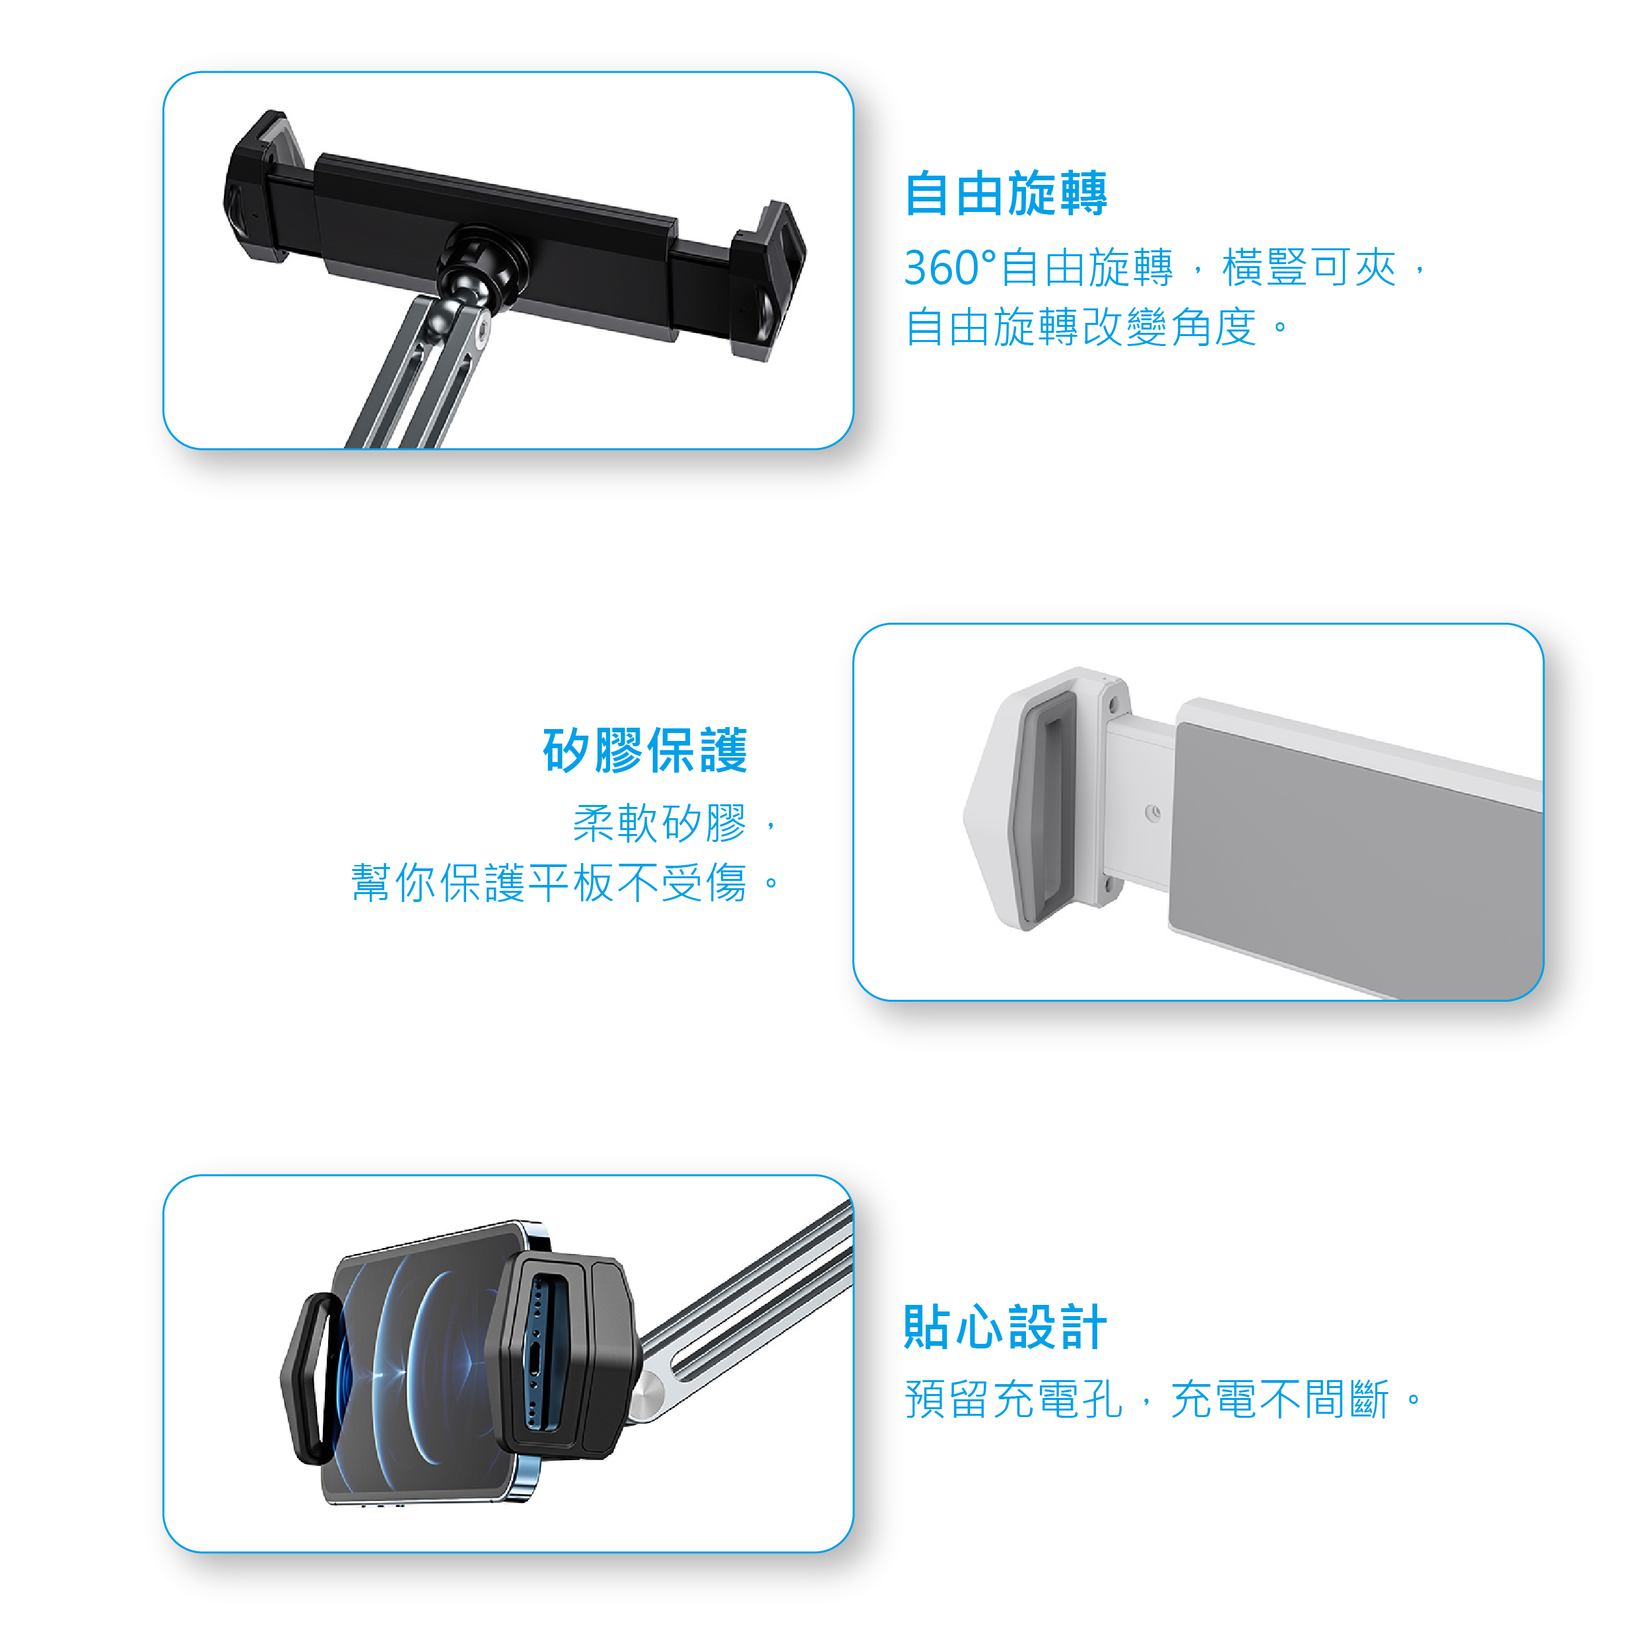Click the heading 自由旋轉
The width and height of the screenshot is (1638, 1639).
coord(1006,193)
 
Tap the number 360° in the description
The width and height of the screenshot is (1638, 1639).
coord(949,268)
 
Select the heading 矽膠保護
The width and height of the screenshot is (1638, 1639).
coord(644,750)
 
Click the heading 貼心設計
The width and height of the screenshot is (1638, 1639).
coord(1006,1327)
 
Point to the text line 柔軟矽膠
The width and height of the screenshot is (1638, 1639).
coord(660,823)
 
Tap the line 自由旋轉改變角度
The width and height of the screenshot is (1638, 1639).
coord(1094,328)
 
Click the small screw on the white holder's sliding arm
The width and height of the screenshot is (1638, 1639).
coord(1152,814)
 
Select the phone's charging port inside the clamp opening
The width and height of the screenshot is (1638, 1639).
coord(537,1366)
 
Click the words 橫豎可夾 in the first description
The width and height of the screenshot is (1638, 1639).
coord(1308,268)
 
